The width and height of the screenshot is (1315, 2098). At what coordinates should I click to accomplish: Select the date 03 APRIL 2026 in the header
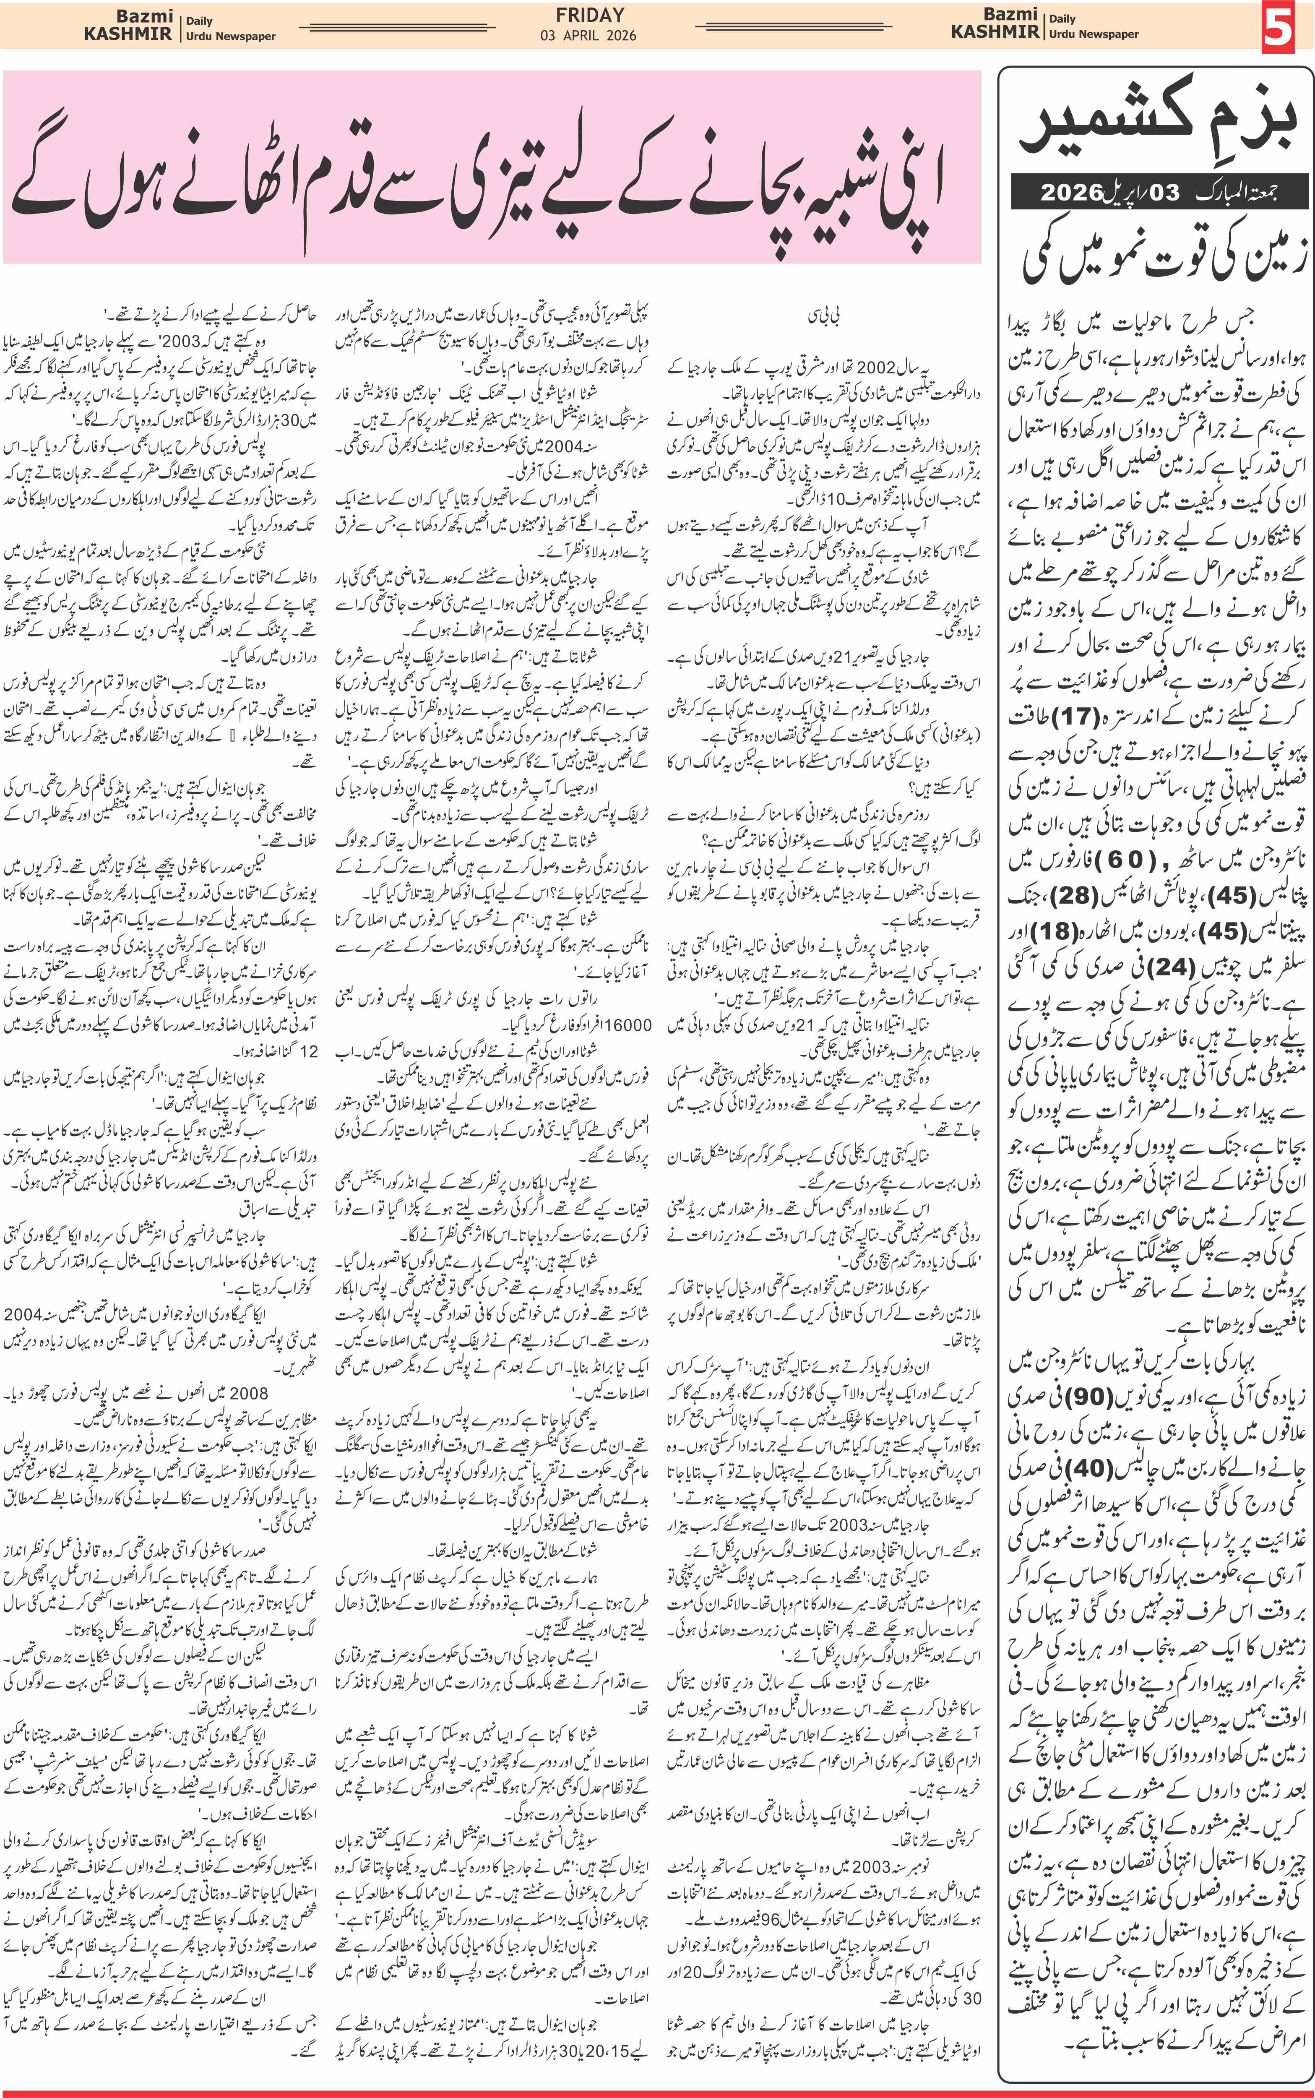click(x=588, y=36)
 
